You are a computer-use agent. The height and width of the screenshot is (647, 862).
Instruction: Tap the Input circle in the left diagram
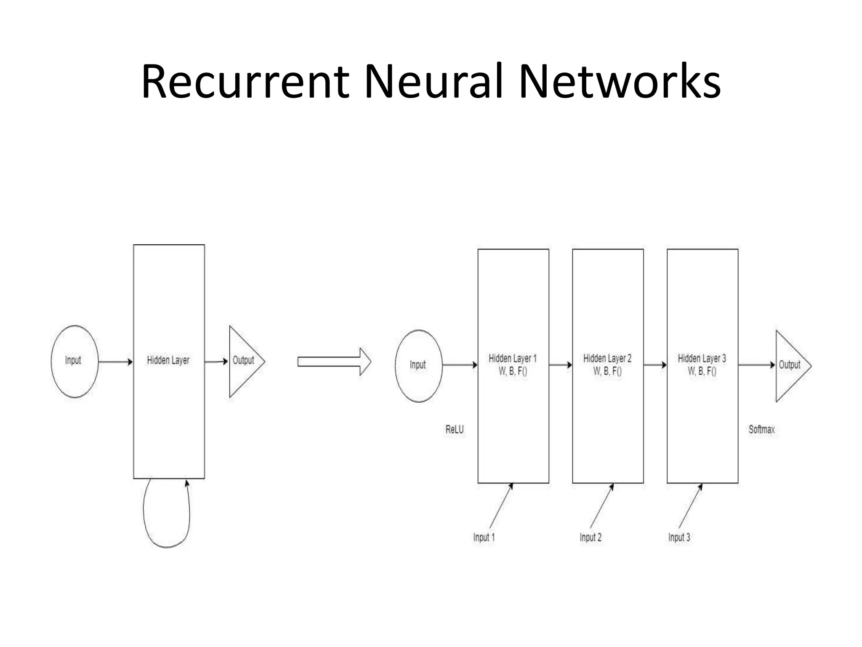(74, 361)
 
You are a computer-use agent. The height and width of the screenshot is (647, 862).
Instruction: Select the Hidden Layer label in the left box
(168, 360)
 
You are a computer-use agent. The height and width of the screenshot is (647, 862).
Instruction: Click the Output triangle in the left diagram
(243, 361)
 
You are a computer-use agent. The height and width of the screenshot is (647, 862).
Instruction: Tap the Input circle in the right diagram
(418, 365)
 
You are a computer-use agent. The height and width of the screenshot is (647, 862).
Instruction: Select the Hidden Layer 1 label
(512, 359)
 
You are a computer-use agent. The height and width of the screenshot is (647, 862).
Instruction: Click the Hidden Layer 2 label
(607, 359)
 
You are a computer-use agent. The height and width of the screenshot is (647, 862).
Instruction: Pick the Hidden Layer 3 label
(702, 359)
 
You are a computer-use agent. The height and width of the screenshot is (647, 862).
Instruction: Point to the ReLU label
(454, 430)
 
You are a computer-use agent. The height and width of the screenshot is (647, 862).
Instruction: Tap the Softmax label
(761, 430)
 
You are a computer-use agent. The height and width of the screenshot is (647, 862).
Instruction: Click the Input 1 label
(484, 537)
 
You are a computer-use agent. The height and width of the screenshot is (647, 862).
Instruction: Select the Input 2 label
(590, 537)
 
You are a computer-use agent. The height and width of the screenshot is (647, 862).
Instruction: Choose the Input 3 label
(679, 537)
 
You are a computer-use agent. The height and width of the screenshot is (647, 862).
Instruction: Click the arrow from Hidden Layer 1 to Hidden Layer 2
(560, 365)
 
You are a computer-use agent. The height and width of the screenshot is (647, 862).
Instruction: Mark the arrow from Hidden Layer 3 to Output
(756, 365)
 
